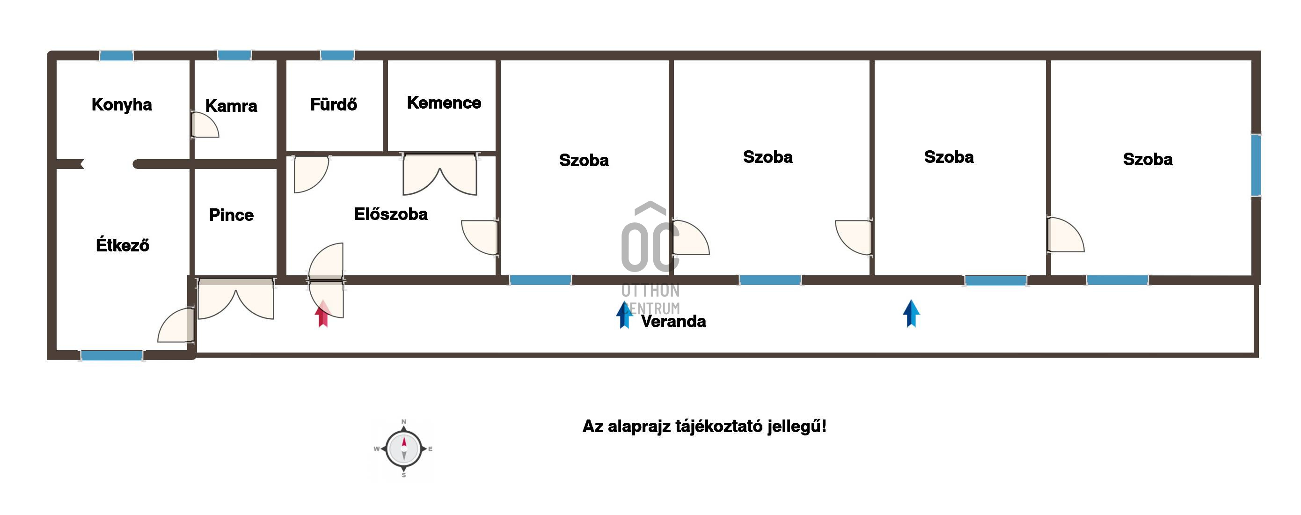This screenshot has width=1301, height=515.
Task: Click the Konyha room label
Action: [x=122, y=104]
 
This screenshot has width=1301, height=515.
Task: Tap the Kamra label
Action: [x=231, y=106]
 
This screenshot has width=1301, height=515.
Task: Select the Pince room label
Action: [x=231, y=215]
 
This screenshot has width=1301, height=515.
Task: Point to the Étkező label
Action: [x=123, y=246]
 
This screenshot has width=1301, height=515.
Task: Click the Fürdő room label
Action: [x=333, y=104]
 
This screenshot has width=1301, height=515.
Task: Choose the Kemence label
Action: [x=444, y=103]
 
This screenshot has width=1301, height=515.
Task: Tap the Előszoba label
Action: [x=391, y=214]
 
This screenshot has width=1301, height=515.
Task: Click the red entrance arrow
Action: [x=323, y=314]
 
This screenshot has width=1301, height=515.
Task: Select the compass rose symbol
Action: [x=403, y=449]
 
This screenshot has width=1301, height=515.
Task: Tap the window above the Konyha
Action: [x=116, y=55]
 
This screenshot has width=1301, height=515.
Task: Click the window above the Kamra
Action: [x=234, y=55]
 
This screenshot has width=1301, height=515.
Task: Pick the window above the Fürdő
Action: [x=337, y=55]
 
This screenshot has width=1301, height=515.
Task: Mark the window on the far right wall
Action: [x=1256, y=165]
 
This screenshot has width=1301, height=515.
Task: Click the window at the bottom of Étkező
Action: [x=112, y=355]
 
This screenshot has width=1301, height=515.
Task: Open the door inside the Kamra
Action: [x=205, y=125]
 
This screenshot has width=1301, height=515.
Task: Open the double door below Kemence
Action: [x=440, y=174]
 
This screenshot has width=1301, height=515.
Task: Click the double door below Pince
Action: [x=236, y=298]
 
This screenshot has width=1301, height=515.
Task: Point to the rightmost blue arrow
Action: [x=911, y=314]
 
